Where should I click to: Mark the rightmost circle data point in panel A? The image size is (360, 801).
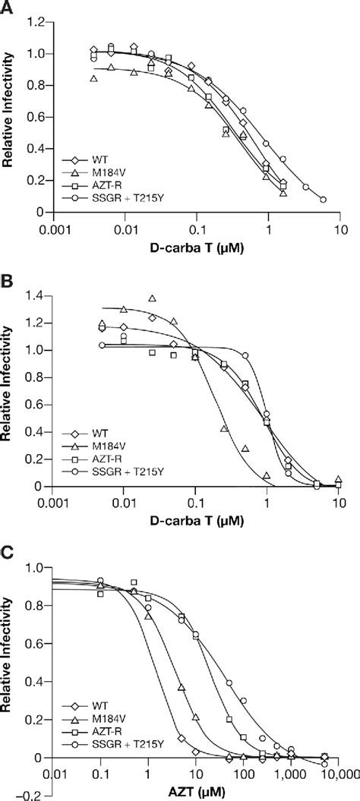tap(324, 200)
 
